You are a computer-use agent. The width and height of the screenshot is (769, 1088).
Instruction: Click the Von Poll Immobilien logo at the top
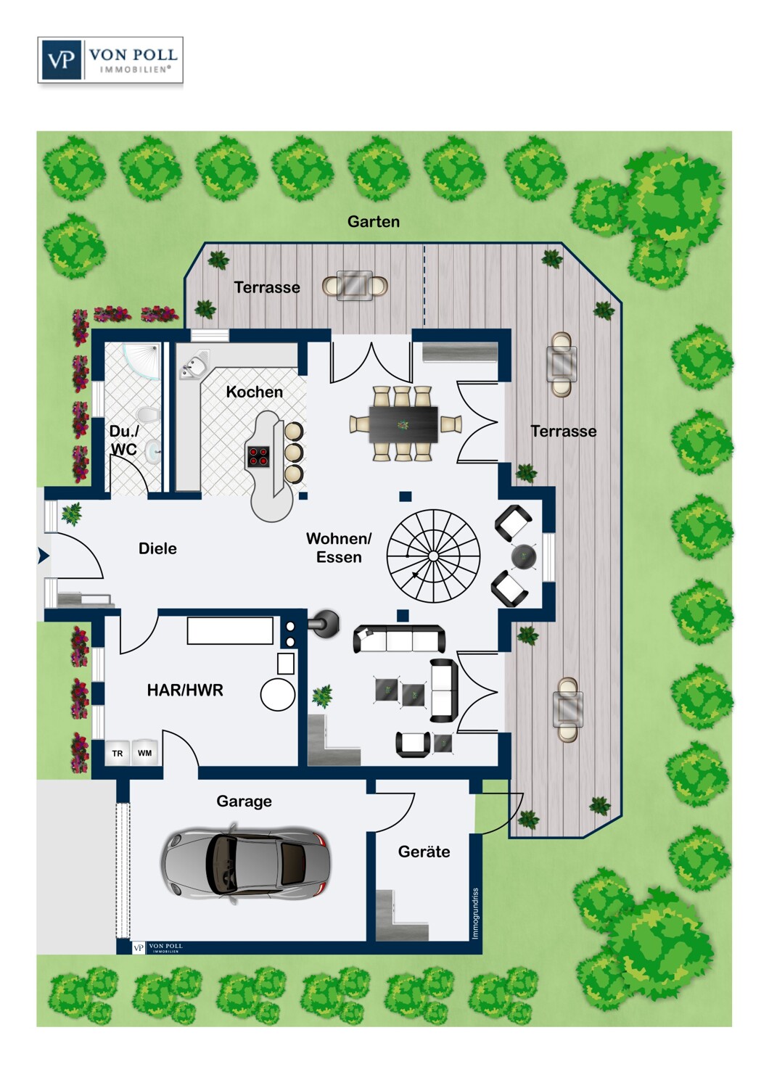pyautogui.click(x=110, y=60)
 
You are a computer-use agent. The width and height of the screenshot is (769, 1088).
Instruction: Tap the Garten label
pyautogui.click(x=374, y=222)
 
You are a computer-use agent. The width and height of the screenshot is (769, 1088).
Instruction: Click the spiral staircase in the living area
pyautogui.click(x=433, y=556)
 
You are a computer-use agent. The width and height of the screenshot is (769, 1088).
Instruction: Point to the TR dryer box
pyautogui.click(x=118, y=754)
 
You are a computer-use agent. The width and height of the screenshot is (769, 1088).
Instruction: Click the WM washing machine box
pyautogui.click(x=145, y=753)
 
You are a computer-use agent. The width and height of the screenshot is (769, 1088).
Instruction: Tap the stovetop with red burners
pyautogui.click(x=258, y=456)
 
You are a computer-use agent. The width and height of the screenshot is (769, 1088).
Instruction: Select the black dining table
pyautogui.click(x=403, y=424)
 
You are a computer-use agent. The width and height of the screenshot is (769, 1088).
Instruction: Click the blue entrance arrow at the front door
pyautogui.click(x=44, y=556)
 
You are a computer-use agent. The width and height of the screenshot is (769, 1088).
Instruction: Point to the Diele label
pyautogui.click(x=157, y=548)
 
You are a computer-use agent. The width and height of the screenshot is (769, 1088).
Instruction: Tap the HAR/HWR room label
pyautogui.click(x=185, y=690)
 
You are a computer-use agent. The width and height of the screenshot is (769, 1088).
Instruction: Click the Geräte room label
pyautogui.click(x=424, y=852)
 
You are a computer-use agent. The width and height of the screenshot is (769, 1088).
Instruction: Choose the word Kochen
pyautogui.click(x=254, y=392)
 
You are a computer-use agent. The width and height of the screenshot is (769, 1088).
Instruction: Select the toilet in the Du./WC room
pyautogui.click(x=149, y=416)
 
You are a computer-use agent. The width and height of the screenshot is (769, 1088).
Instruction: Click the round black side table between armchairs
pyautogui.click(x=523, y=556)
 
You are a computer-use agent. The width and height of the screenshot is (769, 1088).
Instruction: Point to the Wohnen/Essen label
pyautogui.click(x=339, y=548)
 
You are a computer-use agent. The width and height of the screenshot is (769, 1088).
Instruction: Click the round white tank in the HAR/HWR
pyautogui.click(x=278, y=694)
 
